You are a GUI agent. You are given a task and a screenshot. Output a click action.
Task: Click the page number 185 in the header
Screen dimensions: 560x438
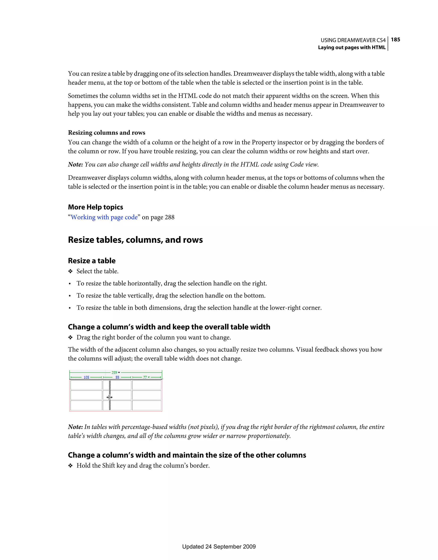coord(395,40)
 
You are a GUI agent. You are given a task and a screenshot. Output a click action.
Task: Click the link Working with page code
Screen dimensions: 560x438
coord(104,217)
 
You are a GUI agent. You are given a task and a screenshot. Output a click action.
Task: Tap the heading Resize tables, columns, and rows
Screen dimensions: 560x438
coord(135,240)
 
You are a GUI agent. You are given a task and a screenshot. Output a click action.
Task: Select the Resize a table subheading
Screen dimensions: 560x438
coord(92,261)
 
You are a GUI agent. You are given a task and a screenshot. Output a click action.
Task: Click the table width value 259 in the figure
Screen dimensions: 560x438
coord(114,372)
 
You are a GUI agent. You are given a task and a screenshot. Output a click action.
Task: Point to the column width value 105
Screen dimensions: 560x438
coord(86,377)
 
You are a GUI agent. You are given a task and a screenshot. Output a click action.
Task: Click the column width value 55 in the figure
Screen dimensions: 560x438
coord(117,377)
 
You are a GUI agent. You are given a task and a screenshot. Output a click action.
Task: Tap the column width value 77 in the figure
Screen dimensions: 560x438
coord(145,377)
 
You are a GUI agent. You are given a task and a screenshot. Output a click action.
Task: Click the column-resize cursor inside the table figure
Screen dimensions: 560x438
coord(109,397)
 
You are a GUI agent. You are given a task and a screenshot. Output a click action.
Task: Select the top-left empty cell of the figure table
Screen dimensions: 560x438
coord(86,385)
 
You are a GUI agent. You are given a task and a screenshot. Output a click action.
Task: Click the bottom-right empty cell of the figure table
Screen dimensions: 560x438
coord(146,405)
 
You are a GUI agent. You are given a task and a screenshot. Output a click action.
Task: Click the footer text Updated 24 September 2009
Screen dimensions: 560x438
coord(219,547)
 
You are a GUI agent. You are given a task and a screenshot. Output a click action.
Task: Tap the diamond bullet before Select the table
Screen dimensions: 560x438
coord(70,271)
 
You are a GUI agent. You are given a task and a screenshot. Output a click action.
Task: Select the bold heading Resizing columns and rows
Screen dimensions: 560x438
coord(107,133)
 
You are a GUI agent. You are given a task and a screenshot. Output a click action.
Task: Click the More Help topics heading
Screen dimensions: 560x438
coord(95,207)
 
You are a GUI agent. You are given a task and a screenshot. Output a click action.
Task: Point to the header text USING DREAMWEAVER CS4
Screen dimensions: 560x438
coord(353,40)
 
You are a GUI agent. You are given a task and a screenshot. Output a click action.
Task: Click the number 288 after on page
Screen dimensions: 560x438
coord(169,217)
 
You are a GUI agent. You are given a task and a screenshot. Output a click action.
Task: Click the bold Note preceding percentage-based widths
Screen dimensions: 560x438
coord(75,427)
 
